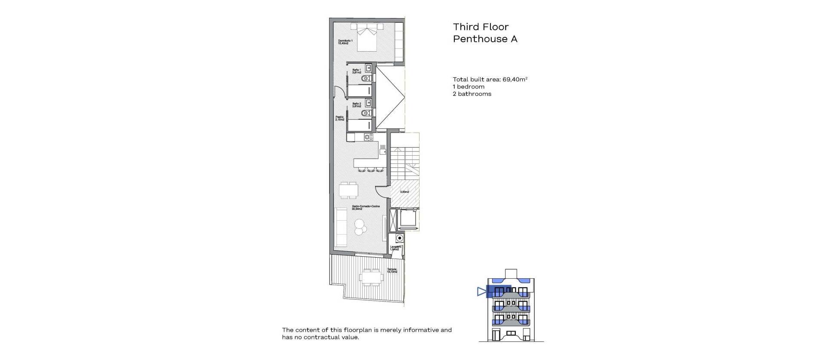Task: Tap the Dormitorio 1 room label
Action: click(345, 42)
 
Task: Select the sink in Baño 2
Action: click(368, 103)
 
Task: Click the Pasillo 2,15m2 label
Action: click(340, 118)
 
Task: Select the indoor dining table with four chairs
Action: click(349, 190)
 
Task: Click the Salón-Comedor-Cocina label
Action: click(360, 208)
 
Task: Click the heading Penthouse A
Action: click(485, 39)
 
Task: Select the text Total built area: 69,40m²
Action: click(490, 80)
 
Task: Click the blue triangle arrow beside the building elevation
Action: click(481, 292)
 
